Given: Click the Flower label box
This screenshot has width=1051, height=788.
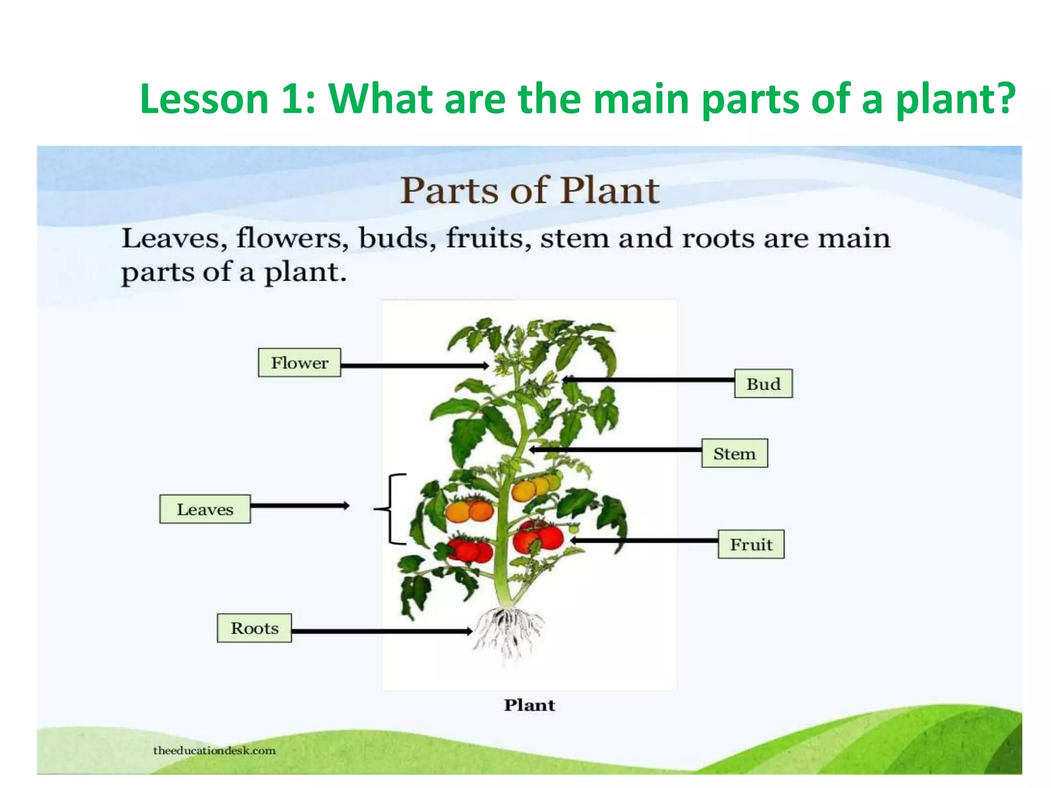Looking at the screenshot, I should click(299, 363).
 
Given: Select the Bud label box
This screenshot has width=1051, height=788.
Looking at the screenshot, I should click(763, 384).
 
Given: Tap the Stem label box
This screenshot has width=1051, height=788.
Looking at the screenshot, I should click(734, 454).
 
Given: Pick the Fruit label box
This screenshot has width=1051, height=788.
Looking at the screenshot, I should click(751, 544).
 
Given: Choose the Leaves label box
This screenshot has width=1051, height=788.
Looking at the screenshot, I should click(205, 509).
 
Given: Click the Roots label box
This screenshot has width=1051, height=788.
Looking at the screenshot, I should click(254, 628).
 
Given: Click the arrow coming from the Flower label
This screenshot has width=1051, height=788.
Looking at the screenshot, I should click(414, 366).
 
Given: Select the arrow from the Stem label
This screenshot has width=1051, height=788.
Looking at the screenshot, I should click(616, 450).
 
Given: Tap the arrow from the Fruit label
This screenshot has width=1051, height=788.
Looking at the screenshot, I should click(644, 541).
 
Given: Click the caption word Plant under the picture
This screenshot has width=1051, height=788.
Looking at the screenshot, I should click(529, 705).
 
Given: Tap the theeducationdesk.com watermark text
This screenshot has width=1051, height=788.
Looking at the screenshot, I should click(214, 751).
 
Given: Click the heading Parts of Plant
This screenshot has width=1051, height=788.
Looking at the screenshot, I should click(529, 191).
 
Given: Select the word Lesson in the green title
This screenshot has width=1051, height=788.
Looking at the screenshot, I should click(204, 99).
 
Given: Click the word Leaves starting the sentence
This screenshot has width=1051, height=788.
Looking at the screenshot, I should click(174, 239).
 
